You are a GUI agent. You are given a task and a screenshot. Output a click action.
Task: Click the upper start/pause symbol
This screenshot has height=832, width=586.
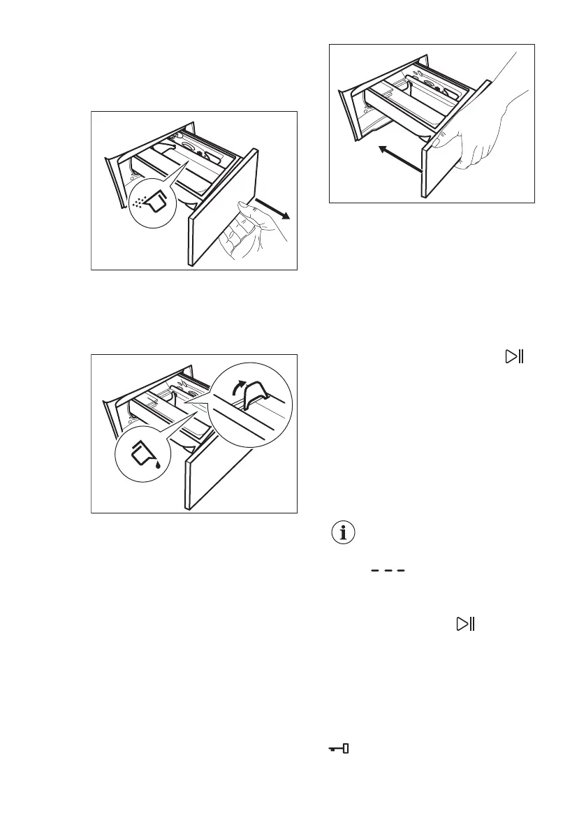(x=514, y=356)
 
